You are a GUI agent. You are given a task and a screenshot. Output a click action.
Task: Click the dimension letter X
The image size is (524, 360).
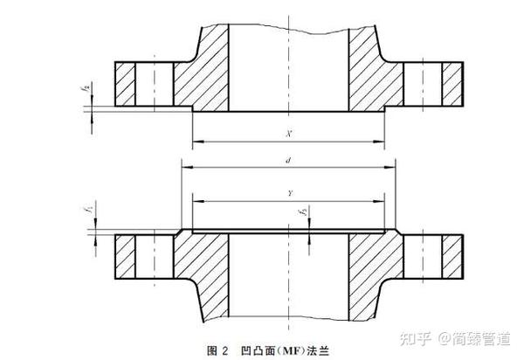[x=288, y=133]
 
